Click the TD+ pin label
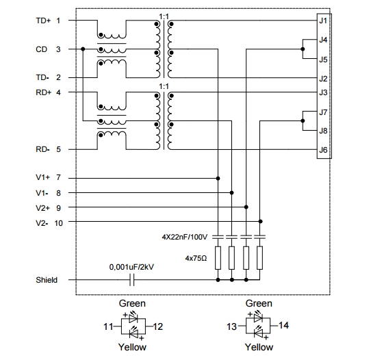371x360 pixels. point(43,21)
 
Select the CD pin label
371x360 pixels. point(41,49)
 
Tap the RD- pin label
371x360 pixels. point(42,149)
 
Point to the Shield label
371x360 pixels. point(47,280)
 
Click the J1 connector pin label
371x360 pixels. point(323,21)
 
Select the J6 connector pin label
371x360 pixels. point(323,150)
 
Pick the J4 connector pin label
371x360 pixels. point(323,40)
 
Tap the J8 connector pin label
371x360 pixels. point(323,131)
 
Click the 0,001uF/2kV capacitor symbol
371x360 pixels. point(132,280)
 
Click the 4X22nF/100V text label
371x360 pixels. point(185,237)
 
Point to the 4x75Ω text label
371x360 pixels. point(196,258)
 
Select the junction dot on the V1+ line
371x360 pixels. point(218,179)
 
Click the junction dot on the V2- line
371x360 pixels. point(260,221)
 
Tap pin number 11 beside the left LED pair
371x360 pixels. point(108,326)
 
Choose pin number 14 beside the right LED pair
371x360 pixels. point(283,325)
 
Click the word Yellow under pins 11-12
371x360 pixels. point(132,347)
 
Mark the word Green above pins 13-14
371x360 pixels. point(259,303)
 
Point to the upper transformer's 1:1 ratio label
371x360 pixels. point(164,16)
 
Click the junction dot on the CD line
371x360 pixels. point(83,49)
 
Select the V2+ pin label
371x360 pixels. point(43,208)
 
